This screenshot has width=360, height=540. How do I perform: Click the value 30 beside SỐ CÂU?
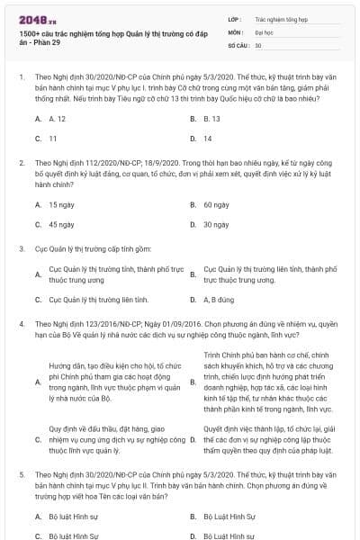(x=258, y=44)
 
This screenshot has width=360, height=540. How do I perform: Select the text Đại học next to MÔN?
(x=264, y=31)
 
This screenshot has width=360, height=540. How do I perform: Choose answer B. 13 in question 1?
(x=212, y=118)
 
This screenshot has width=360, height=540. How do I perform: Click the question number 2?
(x=21, y=162)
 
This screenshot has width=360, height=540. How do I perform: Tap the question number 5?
(x=21, y=472)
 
